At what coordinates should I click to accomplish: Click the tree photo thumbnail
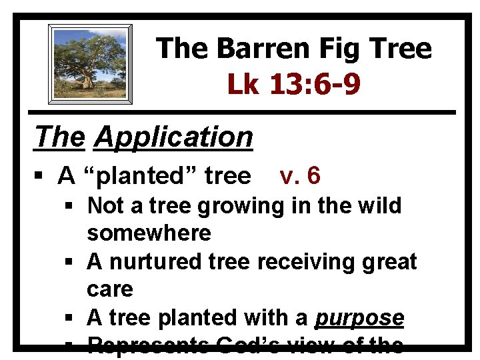pyautogui.click(x=90, y=64)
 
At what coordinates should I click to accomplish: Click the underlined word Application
pyautogui.click(x=173, y=137)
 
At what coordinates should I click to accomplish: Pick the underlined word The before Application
pyautogui.click(x=60, y=137)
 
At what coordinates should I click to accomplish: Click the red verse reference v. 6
pyautogui.click(x=300, y=175)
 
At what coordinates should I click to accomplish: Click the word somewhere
pyautogui.click(x=149, y=233)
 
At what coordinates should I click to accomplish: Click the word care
pyautogui.click(x=110, y=289)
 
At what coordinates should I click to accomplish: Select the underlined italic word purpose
pyautogui.click(x=359, y=318)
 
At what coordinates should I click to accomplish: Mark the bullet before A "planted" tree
pyautogui.click(x=41, y=177)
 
